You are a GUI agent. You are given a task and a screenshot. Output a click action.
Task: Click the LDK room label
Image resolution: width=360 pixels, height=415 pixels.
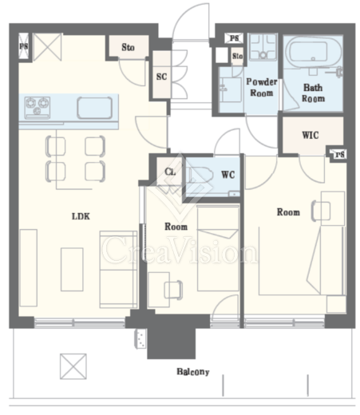tap(81, 216)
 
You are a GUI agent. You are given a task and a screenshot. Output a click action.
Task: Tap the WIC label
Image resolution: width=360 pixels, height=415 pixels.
tap(311, 135)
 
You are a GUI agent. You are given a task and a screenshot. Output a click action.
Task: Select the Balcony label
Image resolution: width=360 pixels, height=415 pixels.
tap(193, 372)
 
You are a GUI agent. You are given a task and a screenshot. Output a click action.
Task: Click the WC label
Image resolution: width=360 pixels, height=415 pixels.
tap(228, 175)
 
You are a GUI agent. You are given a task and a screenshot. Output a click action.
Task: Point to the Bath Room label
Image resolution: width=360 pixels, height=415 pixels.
tap(313, 93)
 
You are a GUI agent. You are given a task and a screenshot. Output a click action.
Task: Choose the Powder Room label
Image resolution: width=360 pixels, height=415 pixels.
tap(262, 87)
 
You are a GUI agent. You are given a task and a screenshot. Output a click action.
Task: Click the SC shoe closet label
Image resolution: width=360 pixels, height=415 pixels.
tap(161, 77)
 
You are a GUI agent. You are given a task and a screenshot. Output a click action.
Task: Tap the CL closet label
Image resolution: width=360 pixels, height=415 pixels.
tap(170, 172)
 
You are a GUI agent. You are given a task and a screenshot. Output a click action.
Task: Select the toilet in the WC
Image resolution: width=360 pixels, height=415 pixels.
tap(199, 176)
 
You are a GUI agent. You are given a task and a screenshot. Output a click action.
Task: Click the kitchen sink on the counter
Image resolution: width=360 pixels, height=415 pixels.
tap(95, 108)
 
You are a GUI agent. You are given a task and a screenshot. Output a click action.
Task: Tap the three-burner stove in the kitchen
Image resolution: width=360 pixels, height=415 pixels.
tap(38, 108)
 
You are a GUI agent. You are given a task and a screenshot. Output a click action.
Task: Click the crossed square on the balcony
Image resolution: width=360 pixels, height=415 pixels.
tap(73, 366)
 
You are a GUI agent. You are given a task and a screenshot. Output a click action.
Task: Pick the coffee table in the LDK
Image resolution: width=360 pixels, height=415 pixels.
tap(72, 269)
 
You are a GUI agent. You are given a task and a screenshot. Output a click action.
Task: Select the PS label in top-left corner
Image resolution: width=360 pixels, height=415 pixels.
tap(24, 46)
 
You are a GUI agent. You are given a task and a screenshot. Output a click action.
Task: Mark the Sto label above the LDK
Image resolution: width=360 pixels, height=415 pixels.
tap(128, 47)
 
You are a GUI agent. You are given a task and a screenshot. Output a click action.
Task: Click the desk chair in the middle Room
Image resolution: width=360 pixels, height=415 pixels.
tap(173, 290)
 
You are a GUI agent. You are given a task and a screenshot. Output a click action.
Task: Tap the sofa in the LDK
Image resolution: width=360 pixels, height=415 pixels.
tap(118, 269)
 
